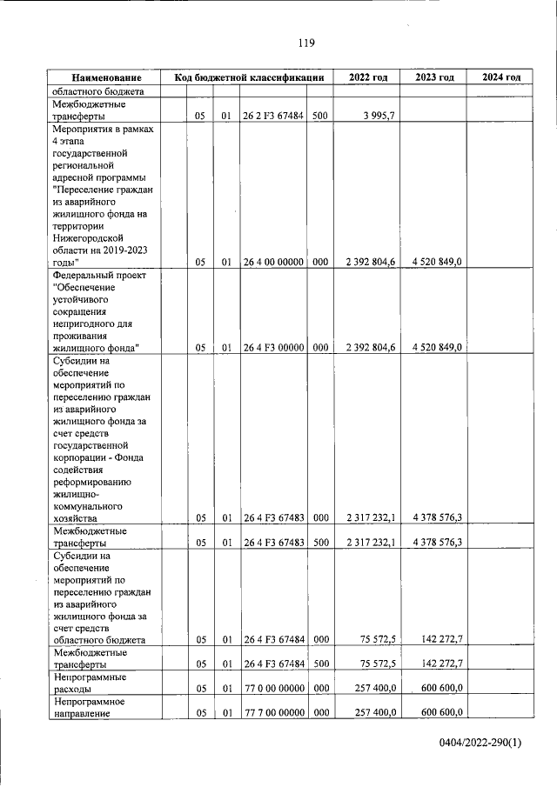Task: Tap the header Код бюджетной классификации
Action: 249,78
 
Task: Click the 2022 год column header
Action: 368,78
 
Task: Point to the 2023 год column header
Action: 434,78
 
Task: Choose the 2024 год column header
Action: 501,78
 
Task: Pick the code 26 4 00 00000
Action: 272,262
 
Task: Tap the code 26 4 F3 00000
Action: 272,348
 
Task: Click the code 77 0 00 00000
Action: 272,689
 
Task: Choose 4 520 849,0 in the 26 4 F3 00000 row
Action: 437,348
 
